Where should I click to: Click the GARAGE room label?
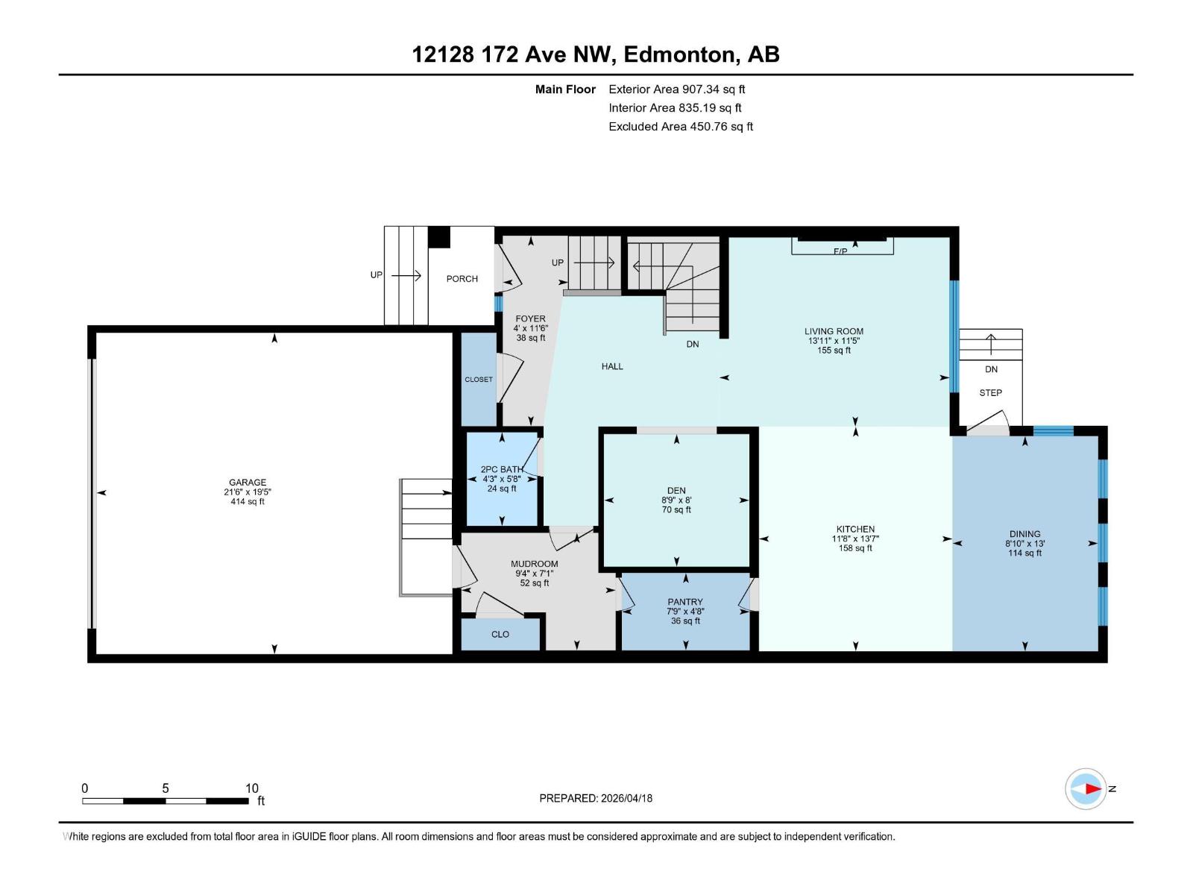(248, 482)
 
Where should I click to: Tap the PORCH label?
(462, 279)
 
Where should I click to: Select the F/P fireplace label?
(840, 251)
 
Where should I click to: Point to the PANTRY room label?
(685, 602)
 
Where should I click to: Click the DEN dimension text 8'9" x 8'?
(676, 500)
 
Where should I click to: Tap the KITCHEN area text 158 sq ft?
(855, 548)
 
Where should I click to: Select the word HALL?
(612, 366)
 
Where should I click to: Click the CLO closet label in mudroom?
(500, 634)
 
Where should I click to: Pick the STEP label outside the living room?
(991, 392)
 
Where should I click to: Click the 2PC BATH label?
(502, 470)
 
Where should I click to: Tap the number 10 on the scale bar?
(251, 788)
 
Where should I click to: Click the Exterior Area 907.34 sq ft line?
(677, 89)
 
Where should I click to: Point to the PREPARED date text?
(596, 798)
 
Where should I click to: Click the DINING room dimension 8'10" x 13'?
(1025, 544)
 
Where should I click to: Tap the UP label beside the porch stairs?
(376, 275)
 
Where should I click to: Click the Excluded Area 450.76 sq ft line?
(681, 127)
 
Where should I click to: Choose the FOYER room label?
(530, 318)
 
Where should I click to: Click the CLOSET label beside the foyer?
(479, 380)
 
